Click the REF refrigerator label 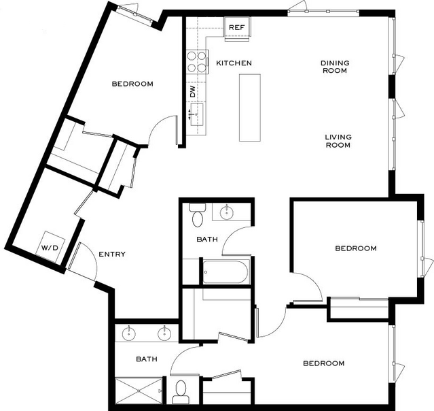tap(237, 27)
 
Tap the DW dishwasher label tap(193, 91)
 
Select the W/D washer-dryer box tap(50, 246)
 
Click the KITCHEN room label tap(234, 63)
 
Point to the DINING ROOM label tap(335, 67)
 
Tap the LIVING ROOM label tap(338, 141)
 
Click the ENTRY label tap(112, 254)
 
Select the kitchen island tap(250, 108)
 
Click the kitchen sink tap(197, 114)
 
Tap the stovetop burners tap(197, 61)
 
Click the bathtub tap(225, 272)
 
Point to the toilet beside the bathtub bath tap(198, 215)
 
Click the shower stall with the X tap(139, 391)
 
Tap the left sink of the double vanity tap(128, 333)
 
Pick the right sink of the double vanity tap(164, 333)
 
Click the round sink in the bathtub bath tap(227, 212)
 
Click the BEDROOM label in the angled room tap(132, 84)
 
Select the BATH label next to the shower tap(147, 359)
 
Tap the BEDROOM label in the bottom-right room tap(324, 363)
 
